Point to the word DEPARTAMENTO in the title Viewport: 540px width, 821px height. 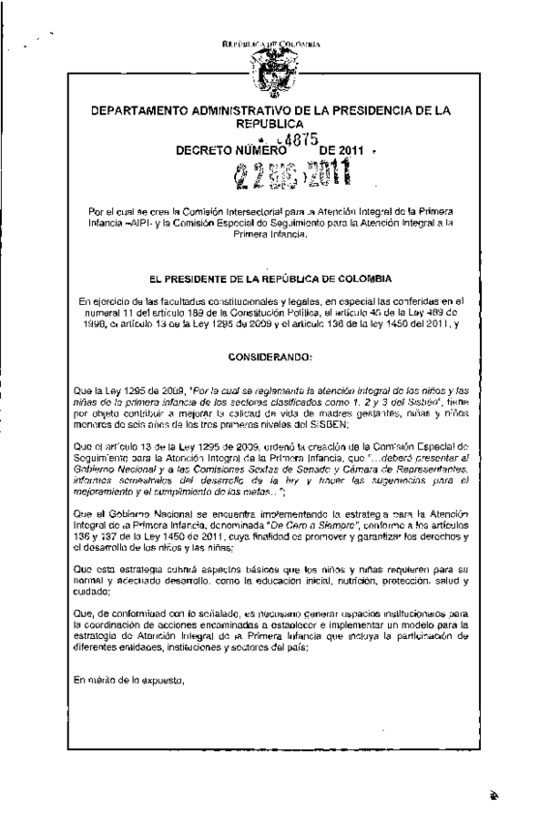(x=142, y=111)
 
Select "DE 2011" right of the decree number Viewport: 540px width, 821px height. (x=331, y=151)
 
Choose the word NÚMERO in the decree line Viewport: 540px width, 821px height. (x=257, y=151)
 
